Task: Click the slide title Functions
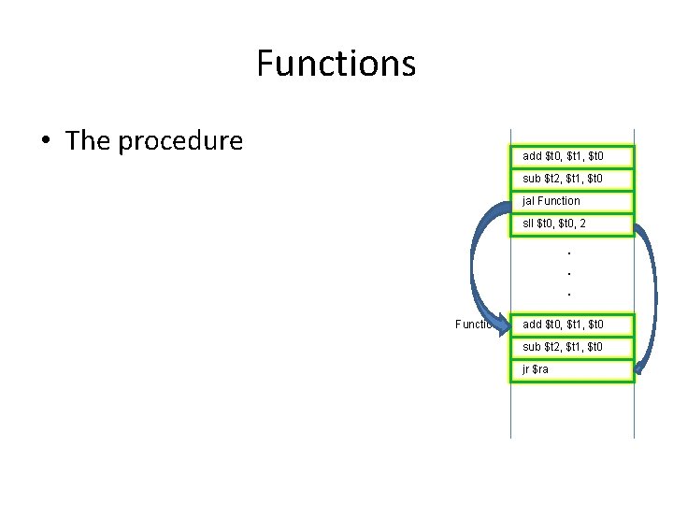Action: point(336,64)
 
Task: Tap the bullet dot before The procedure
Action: point(44,142)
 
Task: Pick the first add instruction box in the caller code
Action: point(571,156)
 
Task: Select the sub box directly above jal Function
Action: point(571,179)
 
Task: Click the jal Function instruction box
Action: point(571,201)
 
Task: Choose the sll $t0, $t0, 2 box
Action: point(571,224)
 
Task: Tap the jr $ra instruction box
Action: point(571,369)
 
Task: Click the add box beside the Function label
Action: point(571,325)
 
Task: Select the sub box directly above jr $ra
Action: point(571,347)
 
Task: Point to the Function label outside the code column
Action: point(473,325)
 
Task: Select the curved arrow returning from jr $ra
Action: point(650,299)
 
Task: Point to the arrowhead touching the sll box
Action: point(639,226)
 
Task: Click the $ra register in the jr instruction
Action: point(541,369)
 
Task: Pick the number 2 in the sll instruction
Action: point(582,224)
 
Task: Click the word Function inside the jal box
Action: point(559,201)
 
